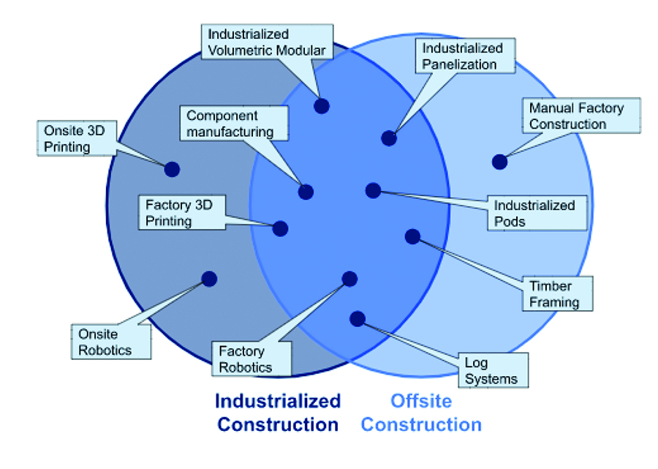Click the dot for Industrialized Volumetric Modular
321,105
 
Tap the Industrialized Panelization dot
389,138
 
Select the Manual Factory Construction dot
499,162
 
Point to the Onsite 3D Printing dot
172,169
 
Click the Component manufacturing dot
306,192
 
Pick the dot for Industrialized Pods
373,190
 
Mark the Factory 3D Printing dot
281,228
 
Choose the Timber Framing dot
412,236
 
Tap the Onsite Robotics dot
209,279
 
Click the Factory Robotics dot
349,279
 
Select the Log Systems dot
358,318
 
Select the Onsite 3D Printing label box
75,138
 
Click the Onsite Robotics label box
110,341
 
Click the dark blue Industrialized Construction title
278,413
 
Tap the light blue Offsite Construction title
421,413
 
